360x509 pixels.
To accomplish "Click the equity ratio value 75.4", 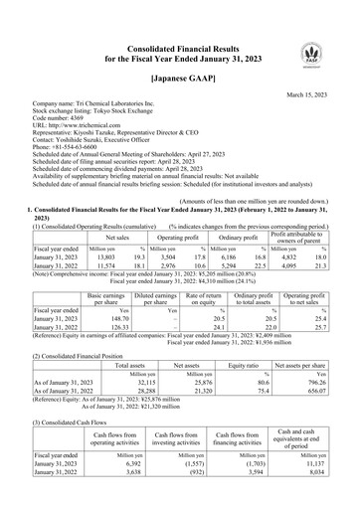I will [265, 390].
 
